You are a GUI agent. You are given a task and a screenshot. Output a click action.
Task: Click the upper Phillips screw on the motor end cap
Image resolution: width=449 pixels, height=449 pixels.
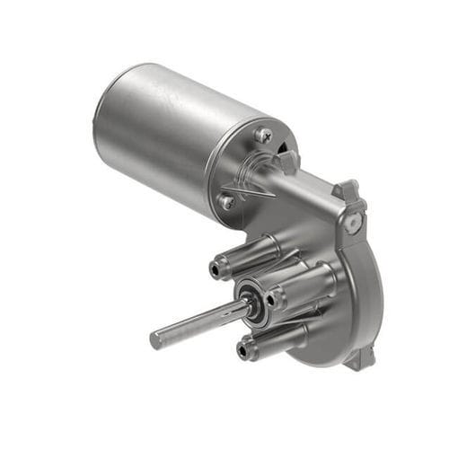pos(262,135)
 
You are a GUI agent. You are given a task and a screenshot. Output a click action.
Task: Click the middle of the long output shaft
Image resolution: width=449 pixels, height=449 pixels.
pos(198,324)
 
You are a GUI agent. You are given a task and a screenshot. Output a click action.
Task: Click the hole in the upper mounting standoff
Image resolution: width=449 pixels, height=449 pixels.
pos(216,266)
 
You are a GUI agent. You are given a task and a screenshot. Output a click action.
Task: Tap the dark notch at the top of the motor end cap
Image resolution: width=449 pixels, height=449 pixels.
pos(286,143)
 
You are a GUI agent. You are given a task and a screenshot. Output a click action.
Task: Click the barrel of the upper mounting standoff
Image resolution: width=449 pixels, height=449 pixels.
pos(251,252)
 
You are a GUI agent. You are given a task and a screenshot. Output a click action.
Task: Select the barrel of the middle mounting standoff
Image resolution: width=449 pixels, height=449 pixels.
pos(305,285)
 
